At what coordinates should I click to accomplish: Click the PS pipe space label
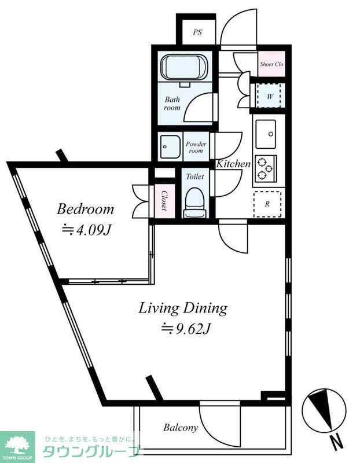(197, 32)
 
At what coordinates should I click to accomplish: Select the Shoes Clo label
(271, 64)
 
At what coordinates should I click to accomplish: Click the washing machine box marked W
(269, 96)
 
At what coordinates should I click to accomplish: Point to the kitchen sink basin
(266, 134)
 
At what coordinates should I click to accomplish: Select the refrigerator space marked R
(267, 204)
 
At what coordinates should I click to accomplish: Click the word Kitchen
(233, 164)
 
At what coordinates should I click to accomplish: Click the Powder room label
(196, 148)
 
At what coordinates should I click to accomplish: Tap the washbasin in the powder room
(170, 146)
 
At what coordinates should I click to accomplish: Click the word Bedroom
(85, 209)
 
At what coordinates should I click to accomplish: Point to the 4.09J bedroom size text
(86, 230)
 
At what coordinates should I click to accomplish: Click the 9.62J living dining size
(185, 329)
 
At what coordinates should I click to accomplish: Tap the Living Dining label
(183, 309)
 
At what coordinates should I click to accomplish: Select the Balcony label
(181, 427)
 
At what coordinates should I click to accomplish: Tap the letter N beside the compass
(336, 443)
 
